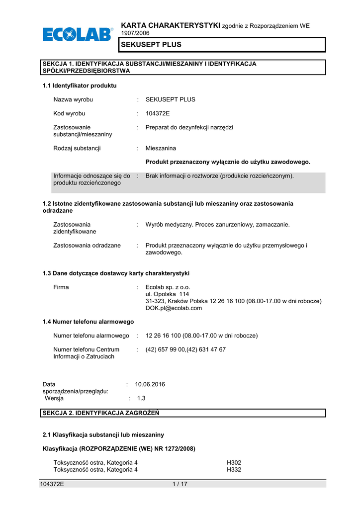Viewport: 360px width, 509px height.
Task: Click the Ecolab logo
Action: [78, 35]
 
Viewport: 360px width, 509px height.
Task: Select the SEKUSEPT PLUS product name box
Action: [221, 45]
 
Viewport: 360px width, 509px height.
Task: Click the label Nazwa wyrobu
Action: [73, 99]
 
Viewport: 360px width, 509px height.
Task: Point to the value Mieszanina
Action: [161, 148]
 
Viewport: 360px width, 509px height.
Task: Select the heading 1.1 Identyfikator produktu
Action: [80, 85]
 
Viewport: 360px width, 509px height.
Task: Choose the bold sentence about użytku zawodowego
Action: [228, 162]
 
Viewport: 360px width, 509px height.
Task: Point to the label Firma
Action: [61, 287]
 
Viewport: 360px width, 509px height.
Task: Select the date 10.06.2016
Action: [150, 384]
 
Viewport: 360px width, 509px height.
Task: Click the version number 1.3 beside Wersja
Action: [141, 398]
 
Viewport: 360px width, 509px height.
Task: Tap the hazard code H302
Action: [234, 462]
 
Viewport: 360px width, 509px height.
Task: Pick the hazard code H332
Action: [234, 469]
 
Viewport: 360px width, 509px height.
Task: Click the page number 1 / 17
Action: [180, 485]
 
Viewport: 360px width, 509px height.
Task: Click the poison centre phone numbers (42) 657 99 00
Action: [185, 349]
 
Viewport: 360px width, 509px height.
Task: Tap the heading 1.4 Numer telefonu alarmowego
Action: [89, 322]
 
